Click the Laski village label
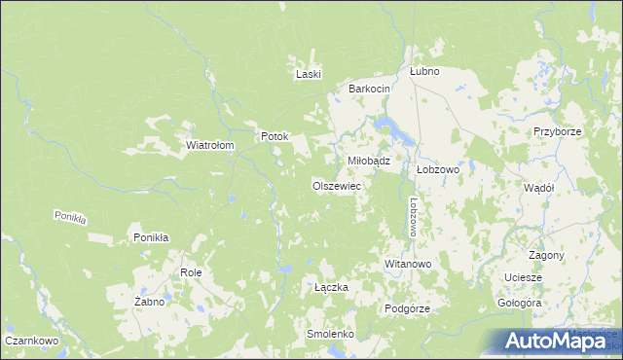[309, 74]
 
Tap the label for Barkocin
[370, 89]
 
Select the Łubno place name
[424, 71]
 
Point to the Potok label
[274, 136]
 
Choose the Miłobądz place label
[369, 161]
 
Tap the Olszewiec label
[337, 185]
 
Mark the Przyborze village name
[557, 131]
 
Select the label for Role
[191, 273]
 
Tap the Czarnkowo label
[33, 342]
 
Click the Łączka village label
[331, 288]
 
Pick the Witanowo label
[408, 264]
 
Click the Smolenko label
[329, 334]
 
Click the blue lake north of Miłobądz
[385, 126]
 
